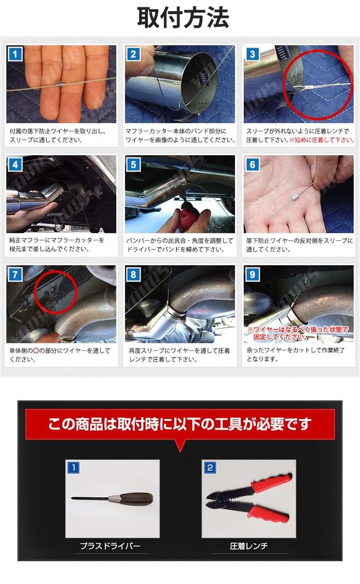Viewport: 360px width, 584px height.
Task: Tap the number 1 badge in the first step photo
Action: coord(15,54)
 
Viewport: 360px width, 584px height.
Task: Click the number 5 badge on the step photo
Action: coord(134,165)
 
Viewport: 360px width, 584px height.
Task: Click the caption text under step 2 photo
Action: coord(180,135)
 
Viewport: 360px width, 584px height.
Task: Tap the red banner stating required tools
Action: coord(180,424)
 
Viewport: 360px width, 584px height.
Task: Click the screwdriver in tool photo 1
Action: coord(114,498)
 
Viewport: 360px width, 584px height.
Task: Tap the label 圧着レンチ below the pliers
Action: coord(249,546)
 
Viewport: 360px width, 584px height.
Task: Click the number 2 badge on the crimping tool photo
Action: coord(209,468)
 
